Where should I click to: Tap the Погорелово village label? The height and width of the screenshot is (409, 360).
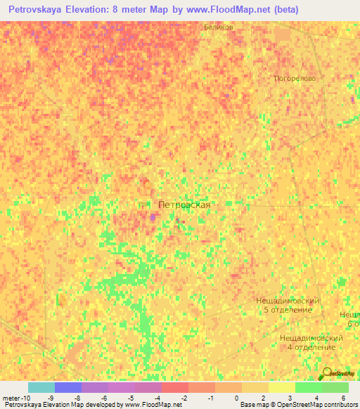(x=295, y=79)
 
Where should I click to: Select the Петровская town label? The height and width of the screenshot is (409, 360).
(x=184, y=204)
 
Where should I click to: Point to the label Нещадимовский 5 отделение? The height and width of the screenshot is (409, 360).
(x=288, y=305)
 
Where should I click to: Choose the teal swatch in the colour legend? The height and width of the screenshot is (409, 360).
(x=41, y=387)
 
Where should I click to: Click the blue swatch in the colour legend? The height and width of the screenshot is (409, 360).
(x=68, y=387)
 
